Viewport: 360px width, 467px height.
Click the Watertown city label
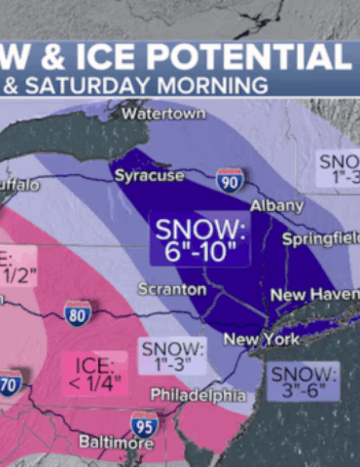click(x=164, y=114)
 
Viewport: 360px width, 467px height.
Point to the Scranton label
click(x=172, y=289)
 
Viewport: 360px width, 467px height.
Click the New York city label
click(x=260, y=340)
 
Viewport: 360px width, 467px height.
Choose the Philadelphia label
click(x=198, y=395)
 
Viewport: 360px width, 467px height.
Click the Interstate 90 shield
click(x=230, y=178)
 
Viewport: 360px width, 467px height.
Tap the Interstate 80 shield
click(x=79, y=313)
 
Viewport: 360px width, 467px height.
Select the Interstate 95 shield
click(x=144, y=423)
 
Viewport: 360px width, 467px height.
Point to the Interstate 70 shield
click(x=10, y=382)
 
